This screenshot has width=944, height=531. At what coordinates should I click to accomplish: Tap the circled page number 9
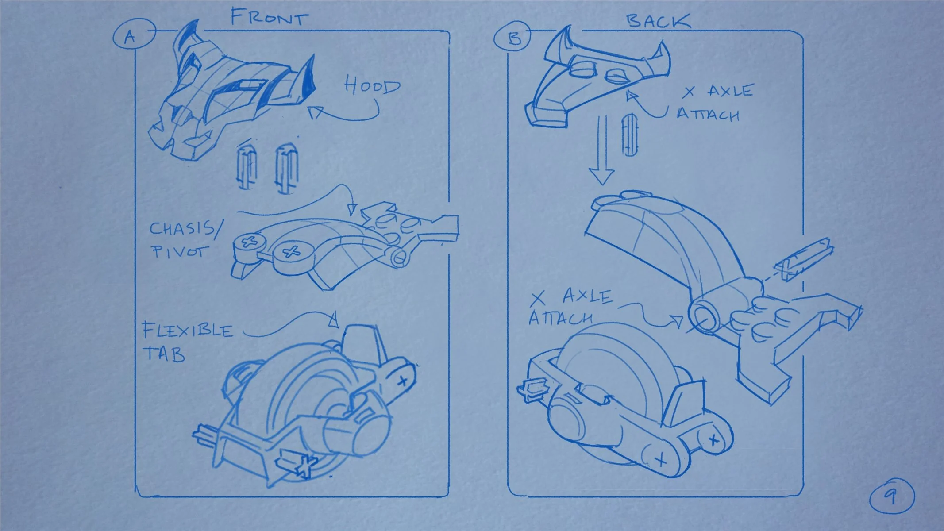(x=891, y=496)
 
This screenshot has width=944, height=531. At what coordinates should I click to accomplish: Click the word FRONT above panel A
(x=269, y=18)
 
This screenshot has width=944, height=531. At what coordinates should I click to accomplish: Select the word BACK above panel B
(x=658, y=21)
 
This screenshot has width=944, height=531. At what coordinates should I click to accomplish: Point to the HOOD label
(x=372, y=85)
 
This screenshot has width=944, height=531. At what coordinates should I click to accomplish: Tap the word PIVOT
(x=179, y=252)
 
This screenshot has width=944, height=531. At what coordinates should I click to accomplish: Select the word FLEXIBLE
(x=187, y=330)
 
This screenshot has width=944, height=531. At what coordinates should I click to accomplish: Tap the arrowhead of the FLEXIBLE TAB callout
(x=334, y=319)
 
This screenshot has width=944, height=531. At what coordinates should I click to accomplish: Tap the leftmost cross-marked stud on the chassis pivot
(x=248, y=242)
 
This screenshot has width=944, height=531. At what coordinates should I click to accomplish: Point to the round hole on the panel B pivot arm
(x=706, y=317)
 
